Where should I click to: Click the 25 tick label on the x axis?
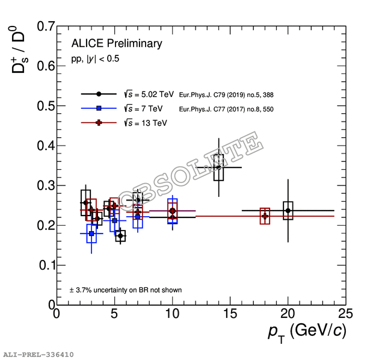(x=345, y=315)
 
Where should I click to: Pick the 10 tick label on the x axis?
(x=172, y=315)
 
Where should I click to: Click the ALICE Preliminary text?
(x=117, y=43)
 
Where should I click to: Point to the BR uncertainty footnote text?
(x=126, y=290)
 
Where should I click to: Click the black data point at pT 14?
(x=218, y=167)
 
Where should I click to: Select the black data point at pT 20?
(x=288, y=211)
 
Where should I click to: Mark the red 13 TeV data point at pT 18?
(x=265, y=216)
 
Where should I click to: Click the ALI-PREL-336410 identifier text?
(x=39, y=355)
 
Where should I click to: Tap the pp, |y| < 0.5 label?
(x=95, y=59)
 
